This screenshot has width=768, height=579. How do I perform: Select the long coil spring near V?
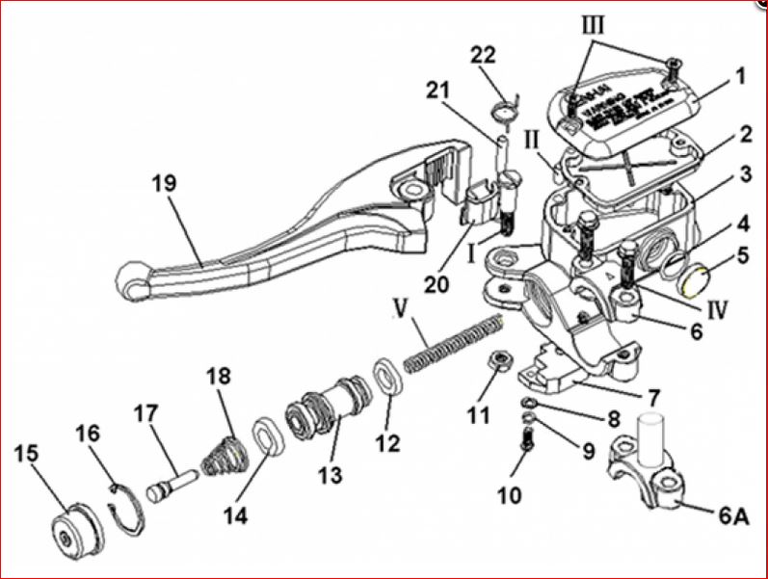[453, 341]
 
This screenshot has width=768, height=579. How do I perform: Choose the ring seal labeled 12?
[387, 376]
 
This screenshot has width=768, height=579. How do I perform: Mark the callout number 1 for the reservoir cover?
[739, 74]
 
